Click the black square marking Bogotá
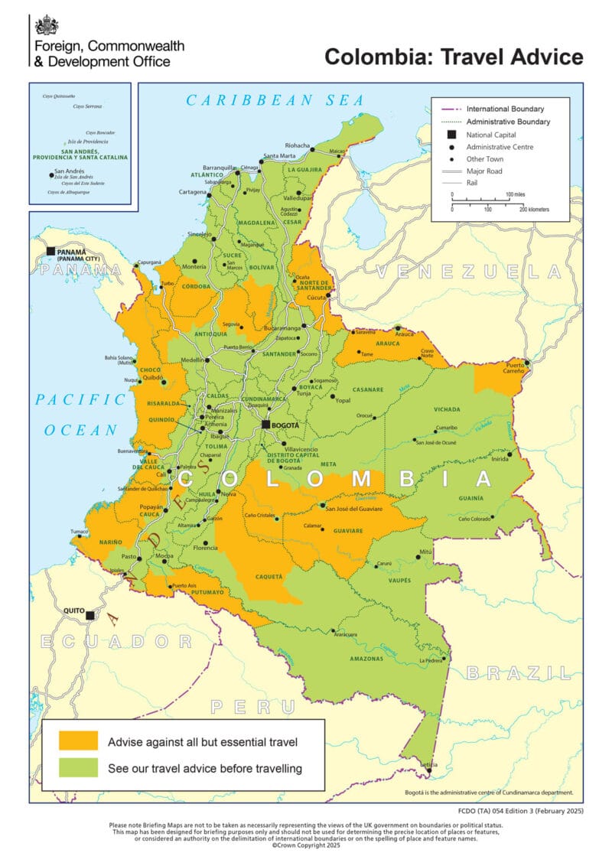(x=266, y=425)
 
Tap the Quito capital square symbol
(x=90, y=615)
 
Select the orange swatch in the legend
(x=79, y=741)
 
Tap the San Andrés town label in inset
(x=70, y=172)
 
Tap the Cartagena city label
(x=193, y=191)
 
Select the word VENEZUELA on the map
(x=468, y=272)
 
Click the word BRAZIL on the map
(x=519, y=673)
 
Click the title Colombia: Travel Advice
(x=454, y=57)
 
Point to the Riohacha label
(x=297, y=145)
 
